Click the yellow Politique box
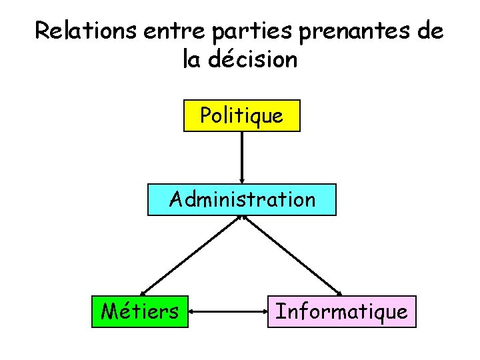tap(241, 116)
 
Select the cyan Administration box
tap(242, 199)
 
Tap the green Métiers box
tap(139, 311)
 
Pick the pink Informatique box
tap(341, 311)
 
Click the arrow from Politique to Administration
tap(241, 157)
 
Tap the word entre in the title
tap(173, 31)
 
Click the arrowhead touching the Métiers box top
tap(145, 291)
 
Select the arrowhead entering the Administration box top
tap(241, 179)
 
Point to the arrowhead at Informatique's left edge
tap(264, 311)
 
